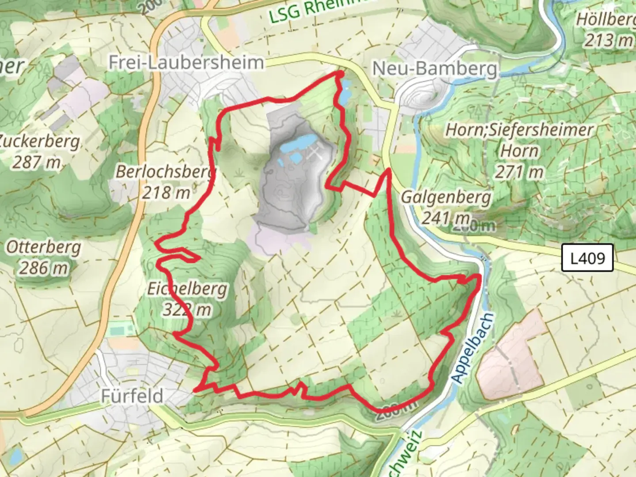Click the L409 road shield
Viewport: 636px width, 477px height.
(587, 257)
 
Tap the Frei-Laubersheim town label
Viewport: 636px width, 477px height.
(186, 63)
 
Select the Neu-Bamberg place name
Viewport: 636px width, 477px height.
(435, 68)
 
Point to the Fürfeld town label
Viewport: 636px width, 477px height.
(132, 396)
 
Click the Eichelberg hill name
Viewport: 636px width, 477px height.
(187, 289)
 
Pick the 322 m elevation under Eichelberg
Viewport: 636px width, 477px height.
(187, 310)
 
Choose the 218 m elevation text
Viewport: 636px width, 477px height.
(166, 192)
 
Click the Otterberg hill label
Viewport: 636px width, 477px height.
(43, 247)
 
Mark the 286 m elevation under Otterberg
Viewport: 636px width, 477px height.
(43, 268)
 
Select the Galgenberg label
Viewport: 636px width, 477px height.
(446, 197)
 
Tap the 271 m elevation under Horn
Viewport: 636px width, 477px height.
(519, 171)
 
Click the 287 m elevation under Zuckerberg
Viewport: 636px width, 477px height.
(36, 162)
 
